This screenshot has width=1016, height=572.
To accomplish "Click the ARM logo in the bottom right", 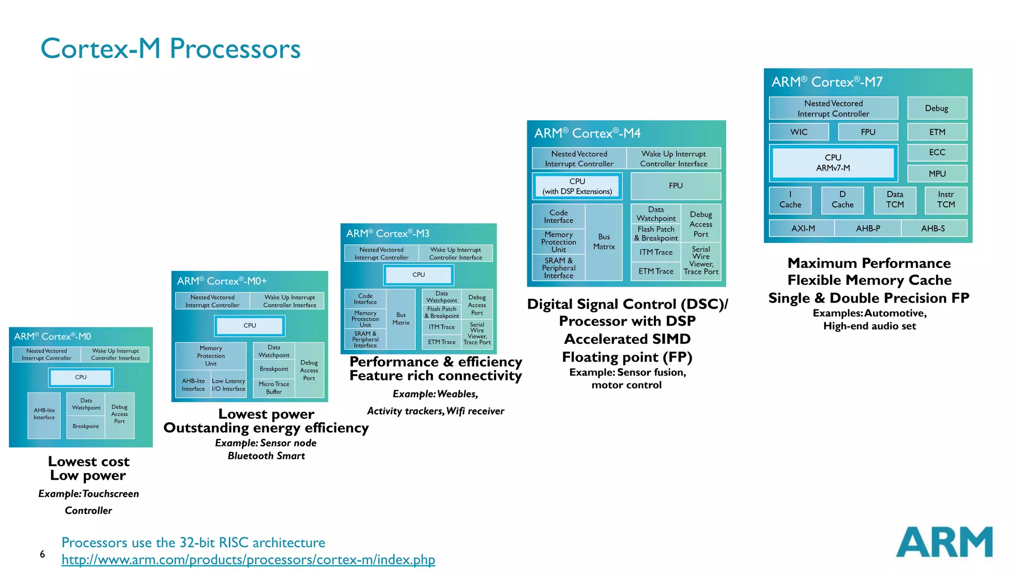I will point(944,542).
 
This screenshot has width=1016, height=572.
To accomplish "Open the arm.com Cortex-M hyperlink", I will point(248,560).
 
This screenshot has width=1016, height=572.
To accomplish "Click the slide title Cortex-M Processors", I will point(170,49).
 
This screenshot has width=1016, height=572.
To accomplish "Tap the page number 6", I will point(42,554).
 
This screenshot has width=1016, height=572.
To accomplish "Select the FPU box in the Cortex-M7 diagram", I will point(868,132).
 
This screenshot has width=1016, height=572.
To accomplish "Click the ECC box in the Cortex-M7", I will point(937,152).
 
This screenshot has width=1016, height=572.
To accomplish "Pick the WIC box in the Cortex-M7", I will point(799,132).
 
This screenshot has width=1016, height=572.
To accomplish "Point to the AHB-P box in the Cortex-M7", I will point(868,228).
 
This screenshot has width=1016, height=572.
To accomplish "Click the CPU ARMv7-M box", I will point(833,163).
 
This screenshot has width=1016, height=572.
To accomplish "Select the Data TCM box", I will point(894,199).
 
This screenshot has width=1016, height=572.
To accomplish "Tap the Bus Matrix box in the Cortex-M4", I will point(604,242).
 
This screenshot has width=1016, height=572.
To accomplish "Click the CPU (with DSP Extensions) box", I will point(577,187).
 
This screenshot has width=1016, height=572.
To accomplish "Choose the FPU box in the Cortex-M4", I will point(676,186).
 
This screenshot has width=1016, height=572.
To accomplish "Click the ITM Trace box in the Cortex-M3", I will point(442,327).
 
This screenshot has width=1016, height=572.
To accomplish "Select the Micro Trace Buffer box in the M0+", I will point(274,388).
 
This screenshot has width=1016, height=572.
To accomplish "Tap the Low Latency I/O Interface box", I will point(228,385).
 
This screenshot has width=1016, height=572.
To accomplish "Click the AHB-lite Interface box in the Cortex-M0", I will point(44,414).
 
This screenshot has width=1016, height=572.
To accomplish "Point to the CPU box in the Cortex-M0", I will point(81,378).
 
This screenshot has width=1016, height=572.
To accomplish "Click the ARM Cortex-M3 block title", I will point(387,234).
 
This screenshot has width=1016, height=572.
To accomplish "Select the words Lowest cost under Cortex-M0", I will point(89,461).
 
